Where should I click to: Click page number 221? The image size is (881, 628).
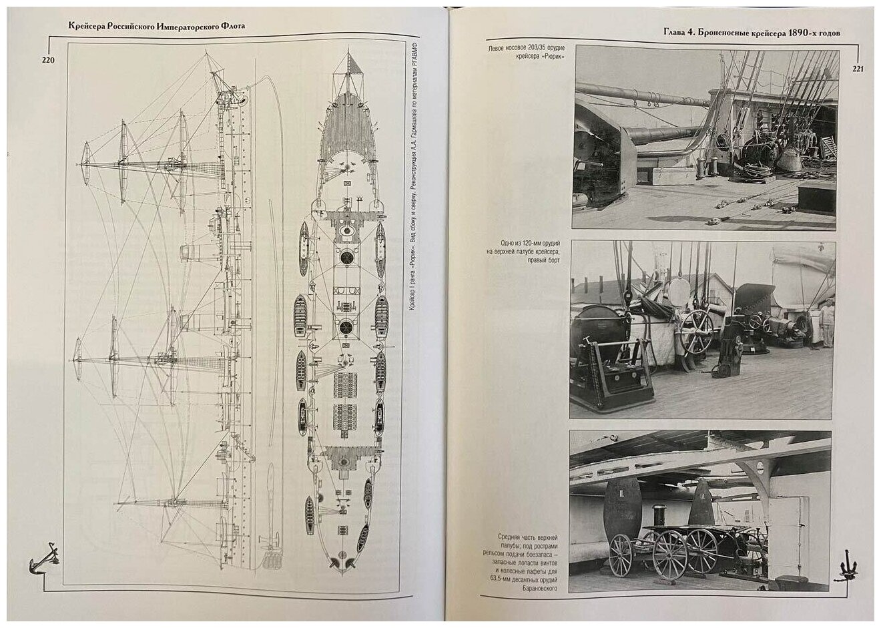[x=846, y=67]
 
